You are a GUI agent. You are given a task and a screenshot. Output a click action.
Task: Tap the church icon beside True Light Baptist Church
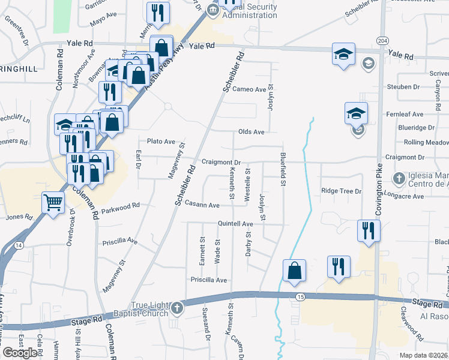[176, 309]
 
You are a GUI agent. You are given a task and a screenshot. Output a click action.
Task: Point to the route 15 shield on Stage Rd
[300, 297]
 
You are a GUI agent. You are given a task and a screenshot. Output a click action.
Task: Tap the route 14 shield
[19, 245]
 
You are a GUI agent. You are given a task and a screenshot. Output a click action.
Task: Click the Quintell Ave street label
[235, 224]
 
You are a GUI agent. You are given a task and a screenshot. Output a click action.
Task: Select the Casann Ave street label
[202, 204]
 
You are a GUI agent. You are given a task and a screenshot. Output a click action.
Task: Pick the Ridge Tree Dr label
[341, 191]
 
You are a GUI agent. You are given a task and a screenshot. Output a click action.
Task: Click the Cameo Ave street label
[249, 89]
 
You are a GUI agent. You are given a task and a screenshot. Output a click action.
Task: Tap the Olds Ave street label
[251, 131]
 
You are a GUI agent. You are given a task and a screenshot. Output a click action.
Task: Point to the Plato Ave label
[161, 142]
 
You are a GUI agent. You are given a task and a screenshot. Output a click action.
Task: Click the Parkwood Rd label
[120, 205]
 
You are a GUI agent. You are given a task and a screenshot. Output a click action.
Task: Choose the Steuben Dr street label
[403, 87]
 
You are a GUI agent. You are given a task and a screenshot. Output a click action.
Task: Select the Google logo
[20, 352]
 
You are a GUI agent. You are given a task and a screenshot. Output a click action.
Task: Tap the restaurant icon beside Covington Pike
[367, 230]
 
